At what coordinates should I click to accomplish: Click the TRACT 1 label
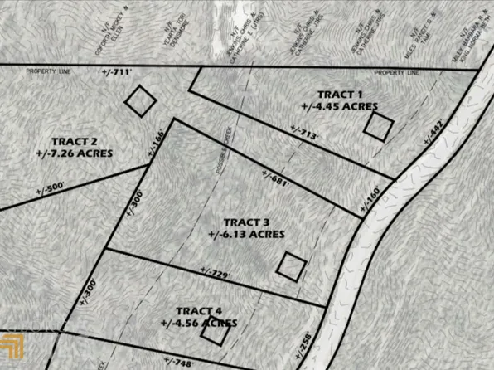coord(341,94)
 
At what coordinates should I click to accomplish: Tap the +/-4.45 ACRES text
coord(340,106)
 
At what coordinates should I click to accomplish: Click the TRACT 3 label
coord(246,222)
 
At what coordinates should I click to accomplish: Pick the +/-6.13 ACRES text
coord(246,235)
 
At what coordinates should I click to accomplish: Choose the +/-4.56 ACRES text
coord(194,322)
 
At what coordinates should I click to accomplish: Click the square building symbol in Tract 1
coord(379,126)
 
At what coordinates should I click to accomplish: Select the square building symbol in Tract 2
coord(140,101)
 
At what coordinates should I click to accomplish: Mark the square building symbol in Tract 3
coord(291,265)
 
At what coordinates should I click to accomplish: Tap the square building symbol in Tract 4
coord(214,332)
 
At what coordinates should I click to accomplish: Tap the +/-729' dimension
coord(214,270)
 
